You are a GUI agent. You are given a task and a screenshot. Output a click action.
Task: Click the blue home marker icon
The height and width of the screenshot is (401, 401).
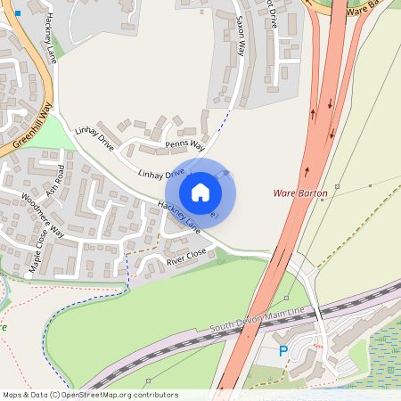click(200, 192)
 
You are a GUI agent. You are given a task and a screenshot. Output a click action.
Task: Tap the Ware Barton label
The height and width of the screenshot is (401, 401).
click(300, 192)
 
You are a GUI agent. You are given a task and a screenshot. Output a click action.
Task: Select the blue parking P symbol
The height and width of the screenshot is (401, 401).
click(283, 352)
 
